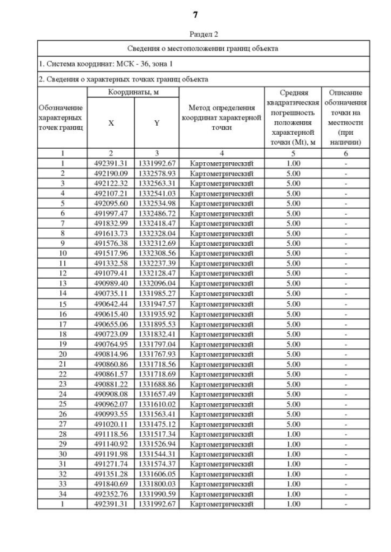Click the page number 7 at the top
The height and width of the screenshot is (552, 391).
tap(195, 14)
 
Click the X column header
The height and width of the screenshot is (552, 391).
tap(111, 123)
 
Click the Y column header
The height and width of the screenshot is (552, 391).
tap(156, 123)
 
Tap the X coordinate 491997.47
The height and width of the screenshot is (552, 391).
tap(111, 213)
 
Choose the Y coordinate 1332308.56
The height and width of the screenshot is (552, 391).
tap(156, 253)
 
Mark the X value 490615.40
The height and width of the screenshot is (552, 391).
tap(111, 314)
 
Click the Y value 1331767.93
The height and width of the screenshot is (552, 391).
tap(156, 354)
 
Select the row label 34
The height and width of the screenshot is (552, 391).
tap(62, 494)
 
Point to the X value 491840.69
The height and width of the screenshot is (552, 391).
tap(111, 484)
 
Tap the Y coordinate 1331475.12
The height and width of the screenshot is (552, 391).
tap(156, 424)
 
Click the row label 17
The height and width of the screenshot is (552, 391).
tap(62, 324)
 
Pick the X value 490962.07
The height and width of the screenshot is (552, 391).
tap(111, 404)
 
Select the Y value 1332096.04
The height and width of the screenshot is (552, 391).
tap(156, 284)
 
